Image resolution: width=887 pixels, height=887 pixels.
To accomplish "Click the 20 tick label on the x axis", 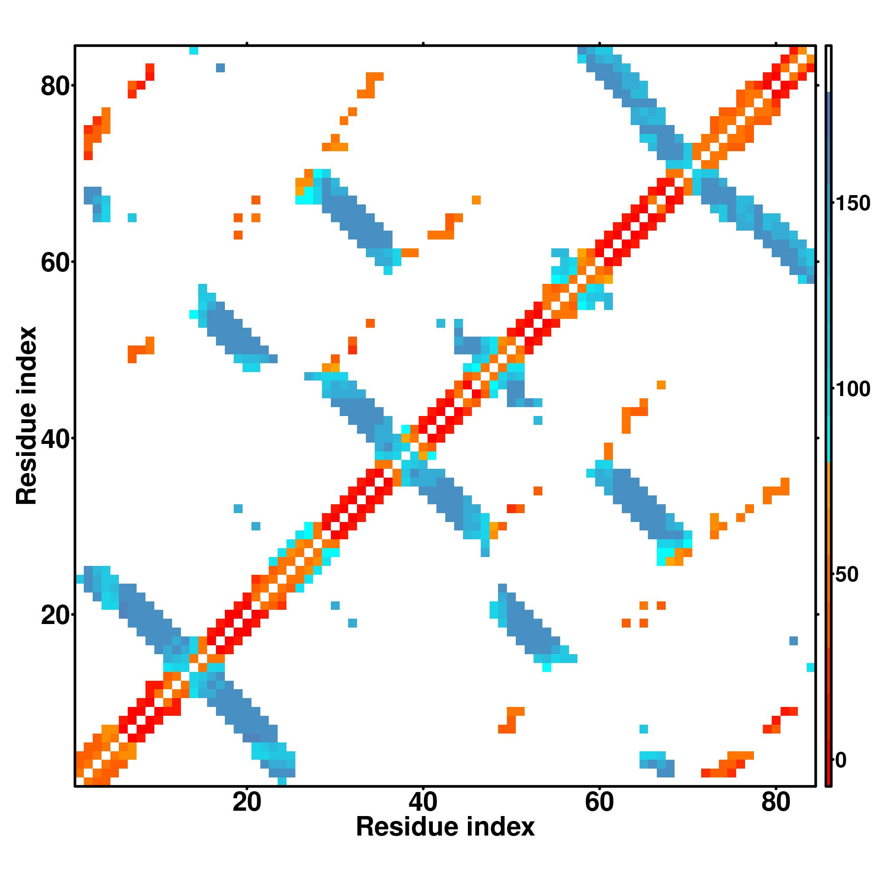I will [247, 803].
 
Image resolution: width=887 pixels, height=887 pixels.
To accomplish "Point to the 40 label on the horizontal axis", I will [423, 803].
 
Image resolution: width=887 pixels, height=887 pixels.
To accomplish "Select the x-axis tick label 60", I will [599, 803].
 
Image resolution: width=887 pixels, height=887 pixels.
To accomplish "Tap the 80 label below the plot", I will [775, 803].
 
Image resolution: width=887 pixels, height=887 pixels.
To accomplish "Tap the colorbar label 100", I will [852, 389].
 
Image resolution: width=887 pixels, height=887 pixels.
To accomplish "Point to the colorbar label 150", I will [852, 204].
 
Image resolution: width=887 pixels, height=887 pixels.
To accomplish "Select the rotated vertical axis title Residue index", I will [27, 416].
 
